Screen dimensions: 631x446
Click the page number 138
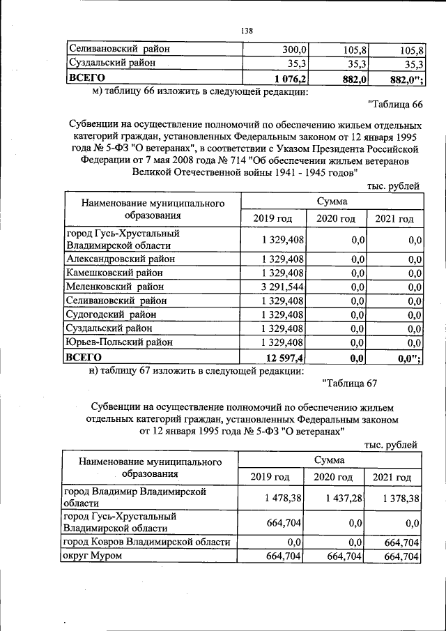point(246,31)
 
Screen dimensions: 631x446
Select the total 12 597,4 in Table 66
point(285,357)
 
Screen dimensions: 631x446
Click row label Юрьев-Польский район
point(119,342)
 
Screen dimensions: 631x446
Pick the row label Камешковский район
point(115,273)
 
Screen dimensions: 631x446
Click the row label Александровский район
point(120,259)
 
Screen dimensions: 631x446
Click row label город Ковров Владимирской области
point(146,542)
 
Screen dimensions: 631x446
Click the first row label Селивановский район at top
point(118,50)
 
